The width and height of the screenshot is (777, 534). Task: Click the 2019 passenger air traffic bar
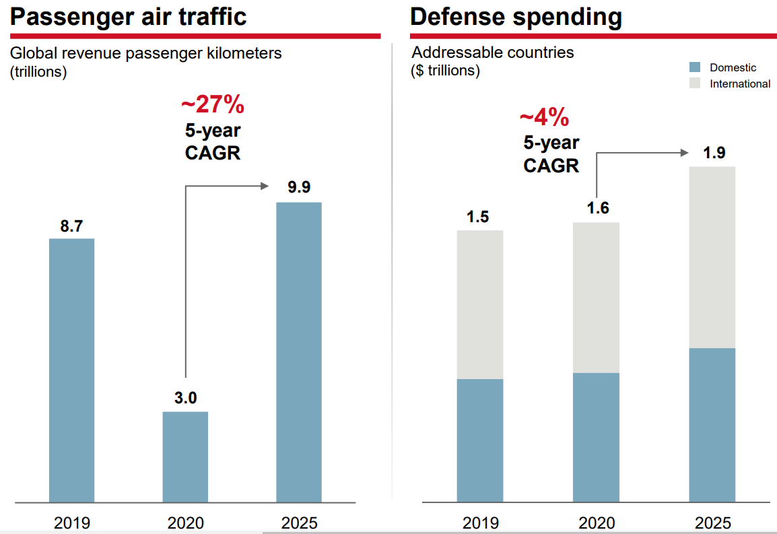pos(71,370)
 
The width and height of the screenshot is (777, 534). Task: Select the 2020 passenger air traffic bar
pos(185,457)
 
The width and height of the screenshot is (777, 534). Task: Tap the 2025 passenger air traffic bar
pos(299,352)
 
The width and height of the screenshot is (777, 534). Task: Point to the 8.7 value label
pos(71,227)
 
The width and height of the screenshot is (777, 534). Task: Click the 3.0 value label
pos(185,398)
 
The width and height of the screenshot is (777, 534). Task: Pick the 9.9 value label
pos(299,188)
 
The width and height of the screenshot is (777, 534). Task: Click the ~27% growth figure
pos(212,106)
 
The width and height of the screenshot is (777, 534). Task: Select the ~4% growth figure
pos(544,118)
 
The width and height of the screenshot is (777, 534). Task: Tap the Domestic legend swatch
pos(696,67)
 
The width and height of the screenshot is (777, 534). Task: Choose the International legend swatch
pos(696,84)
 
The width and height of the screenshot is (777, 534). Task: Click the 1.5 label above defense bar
pos(479,217)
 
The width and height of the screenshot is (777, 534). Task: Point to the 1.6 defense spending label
pos(597,208)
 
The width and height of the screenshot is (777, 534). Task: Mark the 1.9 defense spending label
pos(713,153)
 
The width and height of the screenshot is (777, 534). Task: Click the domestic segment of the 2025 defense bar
pos(712,425)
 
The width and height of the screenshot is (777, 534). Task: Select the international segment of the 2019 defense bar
pos(480,304)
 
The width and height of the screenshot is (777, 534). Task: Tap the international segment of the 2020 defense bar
pos(596,298)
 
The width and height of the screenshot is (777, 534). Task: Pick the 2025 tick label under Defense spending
pos(713,523)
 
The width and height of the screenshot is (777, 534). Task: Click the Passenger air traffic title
pos(129,17)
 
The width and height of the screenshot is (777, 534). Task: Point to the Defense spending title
pos(516,17)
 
